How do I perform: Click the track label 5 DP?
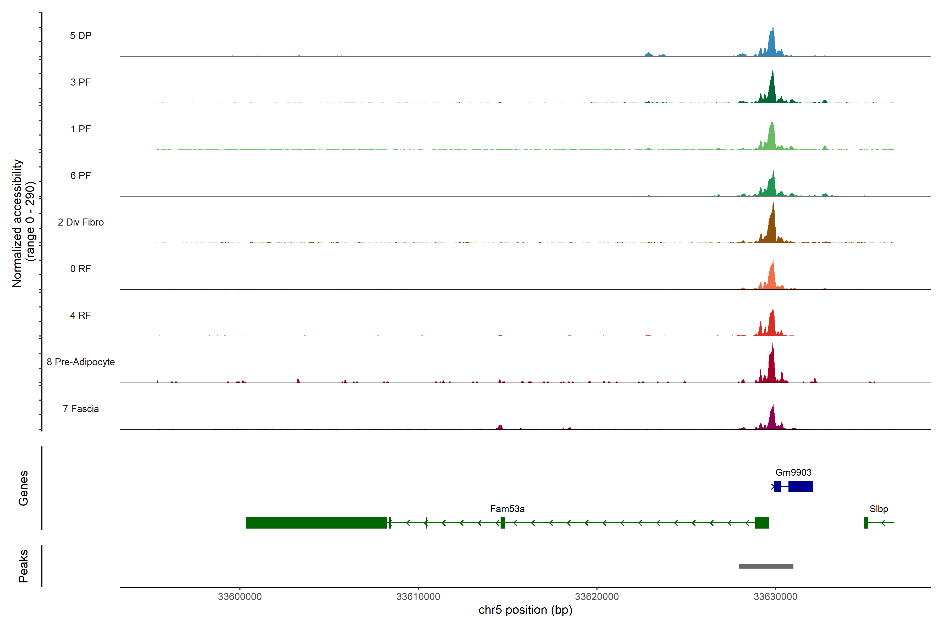(x=81, y=36)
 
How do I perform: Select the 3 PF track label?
(x=81, y=82)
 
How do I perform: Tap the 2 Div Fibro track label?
(x=81, y=222)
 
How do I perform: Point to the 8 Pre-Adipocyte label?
(x=81, y=362)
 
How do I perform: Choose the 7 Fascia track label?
(x=81, y=409)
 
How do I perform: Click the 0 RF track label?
(x=81, y=269)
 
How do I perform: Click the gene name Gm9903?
(x=793, y=473)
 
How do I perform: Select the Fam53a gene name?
(x=507, y=509)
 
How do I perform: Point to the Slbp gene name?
(x=879, y=509)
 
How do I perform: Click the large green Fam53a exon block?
(x=316, y=523)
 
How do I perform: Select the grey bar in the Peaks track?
(x=766, y=566)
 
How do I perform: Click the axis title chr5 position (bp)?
(x=525, y=610)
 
